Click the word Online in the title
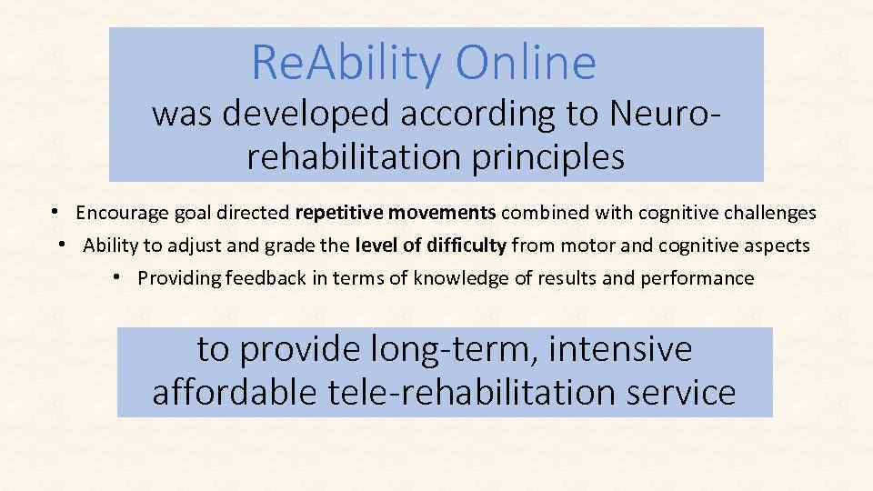(527, 63)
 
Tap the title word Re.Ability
(346, 63)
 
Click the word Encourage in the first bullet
(119, 213)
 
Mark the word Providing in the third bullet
(176, 278)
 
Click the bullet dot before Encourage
(55, 212)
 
